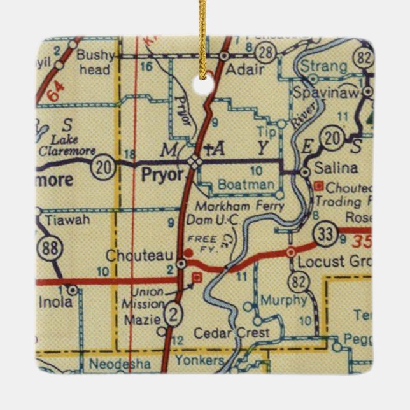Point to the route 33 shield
pyautogui.click(x=327, y=235)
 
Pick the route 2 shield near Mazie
pyautogui.click(x=174, y=313)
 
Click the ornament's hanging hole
pyautogui.click(x=204, y=82)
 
